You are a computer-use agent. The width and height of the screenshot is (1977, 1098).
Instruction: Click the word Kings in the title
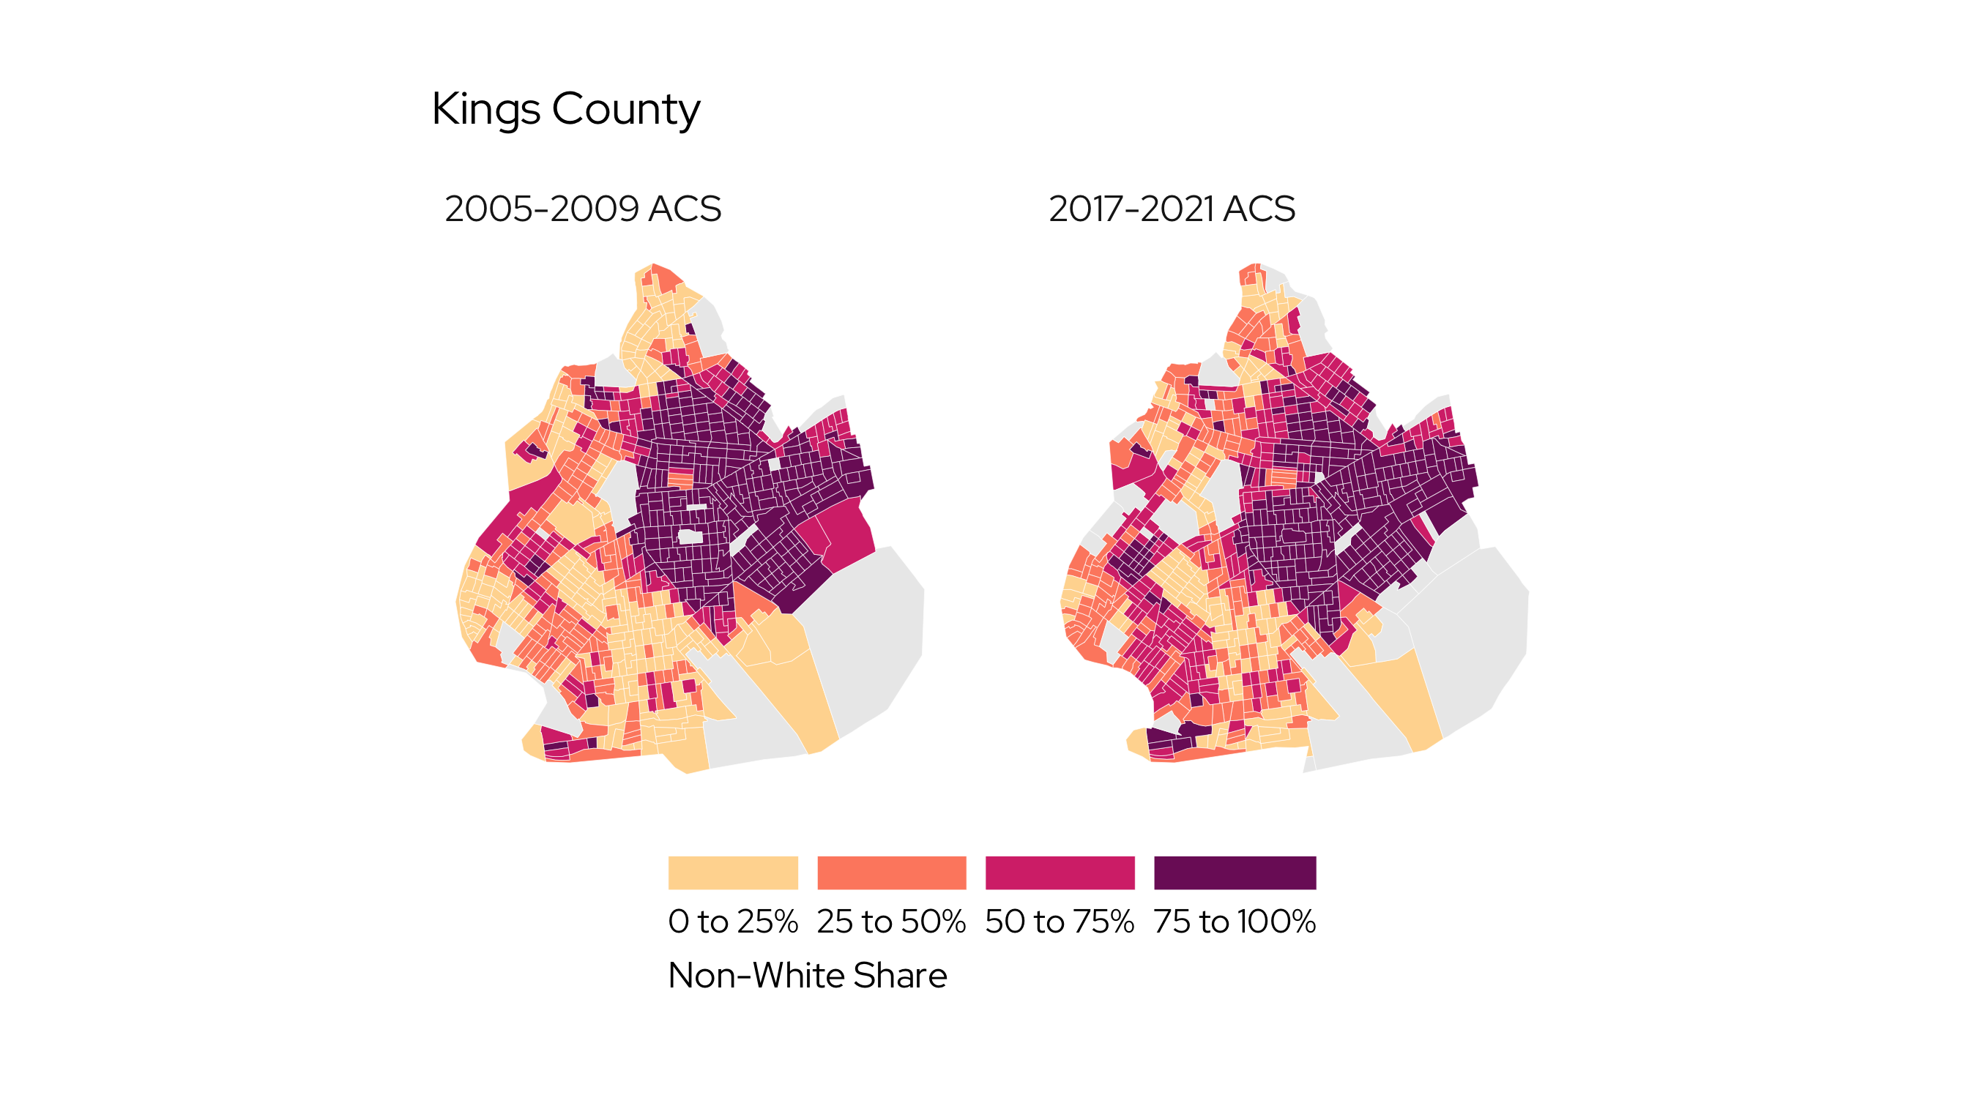click(485, 109)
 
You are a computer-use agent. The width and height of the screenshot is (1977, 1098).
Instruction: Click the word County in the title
click(625, 109)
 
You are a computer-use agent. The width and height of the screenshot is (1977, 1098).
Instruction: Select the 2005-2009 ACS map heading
click(583, 209)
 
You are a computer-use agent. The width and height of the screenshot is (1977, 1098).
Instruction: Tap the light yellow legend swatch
click(733, 873)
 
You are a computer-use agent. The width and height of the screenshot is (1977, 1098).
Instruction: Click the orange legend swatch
click(891, 873)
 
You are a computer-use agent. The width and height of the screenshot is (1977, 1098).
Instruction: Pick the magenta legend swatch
click(1059, 873)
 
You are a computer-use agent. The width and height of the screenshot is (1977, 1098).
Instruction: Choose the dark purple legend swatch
click(1234, 873)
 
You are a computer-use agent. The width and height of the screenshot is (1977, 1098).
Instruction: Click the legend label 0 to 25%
click(733, 922)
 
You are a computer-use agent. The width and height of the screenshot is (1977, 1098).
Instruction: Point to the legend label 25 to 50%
click(891, 922)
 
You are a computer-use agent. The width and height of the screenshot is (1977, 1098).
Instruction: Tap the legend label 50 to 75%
click(1059, 922)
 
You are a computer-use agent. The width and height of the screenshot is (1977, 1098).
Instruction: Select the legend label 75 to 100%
click(1234, 922)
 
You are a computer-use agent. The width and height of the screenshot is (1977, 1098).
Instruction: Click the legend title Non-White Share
click(808, 975)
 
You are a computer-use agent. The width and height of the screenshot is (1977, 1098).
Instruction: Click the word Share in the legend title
click(899, 975)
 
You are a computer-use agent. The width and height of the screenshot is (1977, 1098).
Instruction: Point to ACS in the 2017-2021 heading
click(1259, 209)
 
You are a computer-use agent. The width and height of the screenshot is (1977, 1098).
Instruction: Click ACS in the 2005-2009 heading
click(685, 209)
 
